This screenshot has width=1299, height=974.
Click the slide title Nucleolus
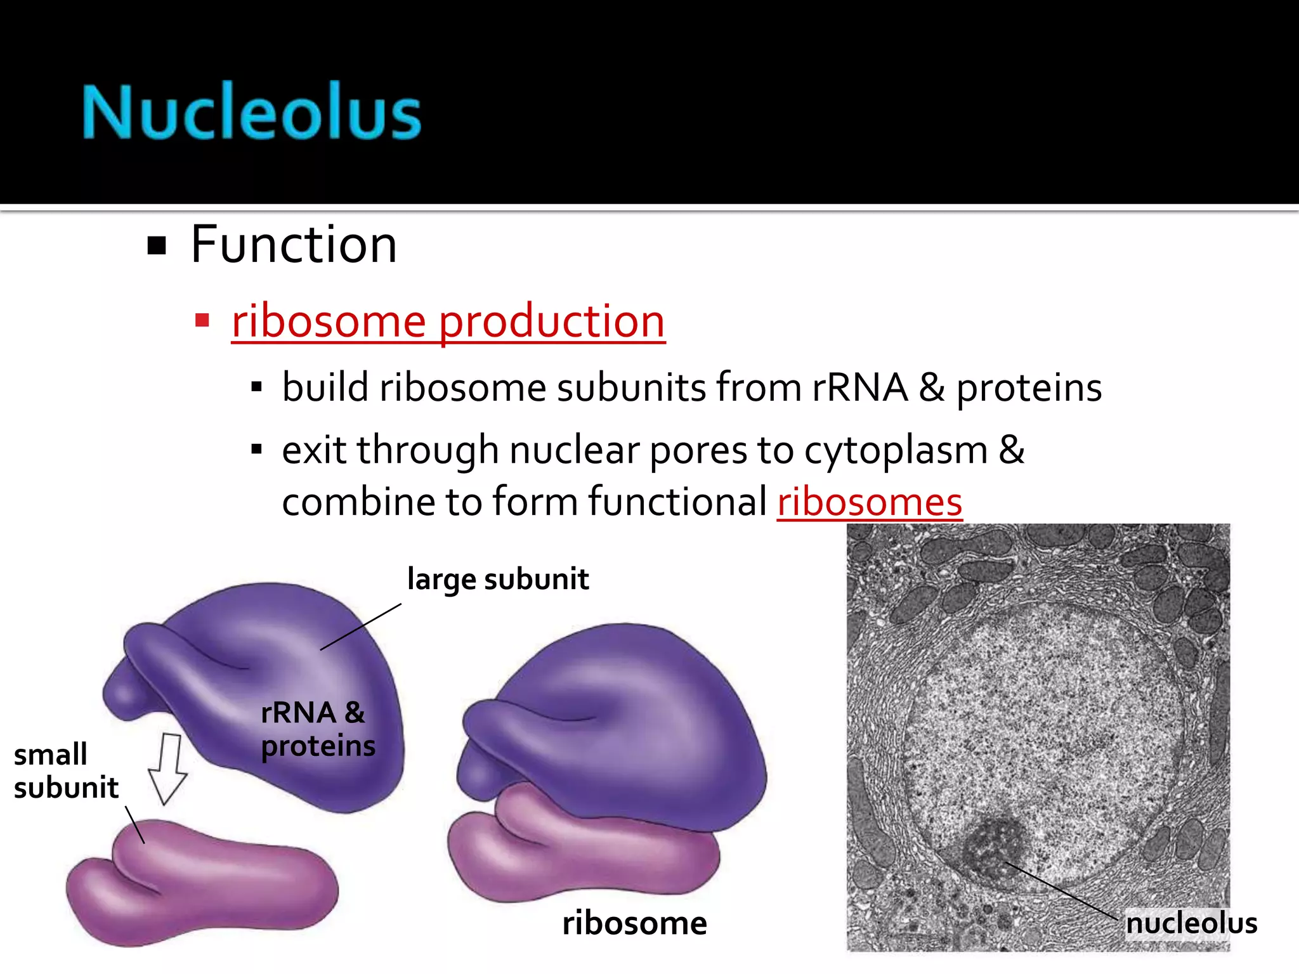pos(252,112)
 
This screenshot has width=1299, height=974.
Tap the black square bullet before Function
pos(156,245)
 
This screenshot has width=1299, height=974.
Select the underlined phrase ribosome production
pos(448,321)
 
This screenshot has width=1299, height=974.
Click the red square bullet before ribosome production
pos(202,320)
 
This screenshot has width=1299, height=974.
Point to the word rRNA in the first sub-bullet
pos(859,387)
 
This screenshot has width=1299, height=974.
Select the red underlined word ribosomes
pos(870,502)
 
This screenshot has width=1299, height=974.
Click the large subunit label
pos(498,579)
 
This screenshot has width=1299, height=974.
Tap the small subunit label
pos(65,771)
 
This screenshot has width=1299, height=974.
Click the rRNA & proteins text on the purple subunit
pos(317,729)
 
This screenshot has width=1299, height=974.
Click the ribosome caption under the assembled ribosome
pos(634,923)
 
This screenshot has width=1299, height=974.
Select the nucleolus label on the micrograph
pos(1191,923)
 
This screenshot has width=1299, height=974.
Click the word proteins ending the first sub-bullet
pos(1029,387)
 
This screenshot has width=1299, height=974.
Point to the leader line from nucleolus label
pos(1062,891)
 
